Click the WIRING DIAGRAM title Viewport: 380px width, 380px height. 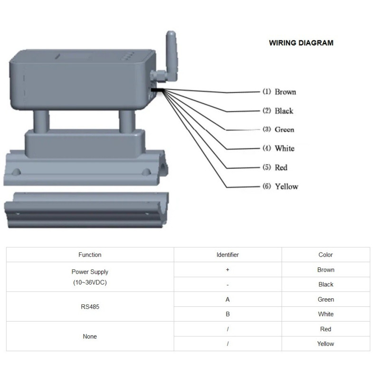click(301, 43)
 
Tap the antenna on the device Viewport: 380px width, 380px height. click(171, 56)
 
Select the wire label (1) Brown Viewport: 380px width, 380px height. click(279, 92)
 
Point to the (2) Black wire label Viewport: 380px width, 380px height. click(278, 111)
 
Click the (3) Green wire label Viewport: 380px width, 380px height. click(278, 129)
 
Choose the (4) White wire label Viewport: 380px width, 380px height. click(278, 148)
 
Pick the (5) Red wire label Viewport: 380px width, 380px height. click(275, 167)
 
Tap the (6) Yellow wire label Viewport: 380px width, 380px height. click(280, 186)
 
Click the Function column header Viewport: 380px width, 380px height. click(90, 255)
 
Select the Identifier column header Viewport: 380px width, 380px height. click(228, 255)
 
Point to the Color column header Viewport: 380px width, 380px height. click(325, 255)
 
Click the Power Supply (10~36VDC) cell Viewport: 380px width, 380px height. click(90, 277)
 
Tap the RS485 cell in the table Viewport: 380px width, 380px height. click(90, 307)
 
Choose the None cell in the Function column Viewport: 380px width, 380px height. click(90, 336)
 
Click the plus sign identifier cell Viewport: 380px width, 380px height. click(228, 269)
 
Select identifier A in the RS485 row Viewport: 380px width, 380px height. click(228, 300)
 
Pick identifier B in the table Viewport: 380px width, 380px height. click(228, 314)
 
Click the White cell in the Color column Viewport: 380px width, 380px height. click(326, 314)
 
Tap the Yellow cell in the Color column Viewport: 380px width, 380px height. click(325, 343)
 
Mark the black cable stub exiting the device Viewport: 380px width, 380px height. click(158, 90)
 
